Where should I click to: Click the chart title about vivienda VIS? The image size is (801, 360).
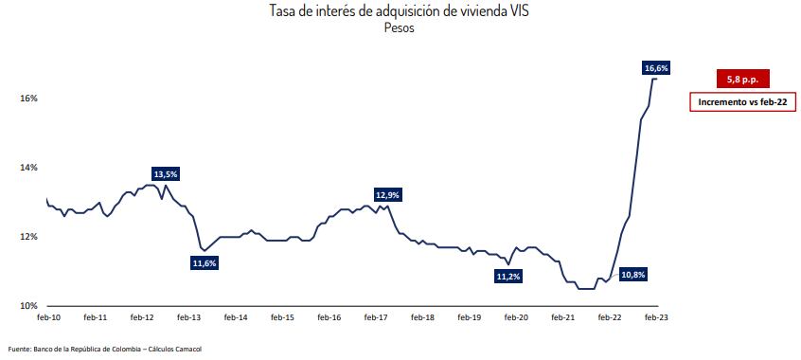click(400, 10)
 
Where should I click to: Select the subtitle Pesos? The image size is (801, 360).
click(400, 27)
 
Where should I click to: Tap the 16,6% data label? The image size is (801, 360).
click(656, 68)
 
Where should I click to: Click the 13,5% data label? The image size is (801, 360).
click(166, 174)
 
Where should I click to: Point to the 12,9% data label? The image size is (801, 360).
click(388, 194)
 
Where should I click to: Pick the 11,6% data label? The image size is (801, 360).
click(205, 263)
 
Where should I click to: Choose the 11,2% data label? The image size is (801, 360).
click(508, 277)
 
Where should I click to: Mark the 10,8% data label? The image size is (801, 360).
click(633, 275)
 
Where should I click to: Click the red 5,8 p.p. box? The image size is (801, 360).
click(743, 80)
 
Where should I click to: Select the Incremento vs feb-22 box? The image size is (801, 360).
click(743, 101)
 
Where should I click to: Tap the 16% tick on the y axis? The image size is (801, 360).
click(27, 99)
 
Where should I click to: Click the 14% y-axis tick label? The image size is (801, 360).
click(27, 168)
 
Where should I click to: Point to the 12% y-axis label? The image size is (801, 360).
click(27, 237)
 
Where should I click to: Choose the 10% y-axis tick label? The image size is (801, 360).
click(27, 306)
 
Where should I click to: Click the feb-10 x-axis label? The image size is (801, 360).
click(49, 318)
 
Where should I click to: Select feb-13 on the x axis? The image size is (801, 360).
click(188, 318)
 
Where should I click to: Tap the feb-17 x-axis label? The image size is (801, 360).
click(376, 318)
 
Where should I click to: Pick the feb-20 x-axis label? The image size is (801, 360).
click(516, 318)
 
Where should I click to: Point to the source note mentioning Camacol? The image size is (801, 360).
click(105, 349)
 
